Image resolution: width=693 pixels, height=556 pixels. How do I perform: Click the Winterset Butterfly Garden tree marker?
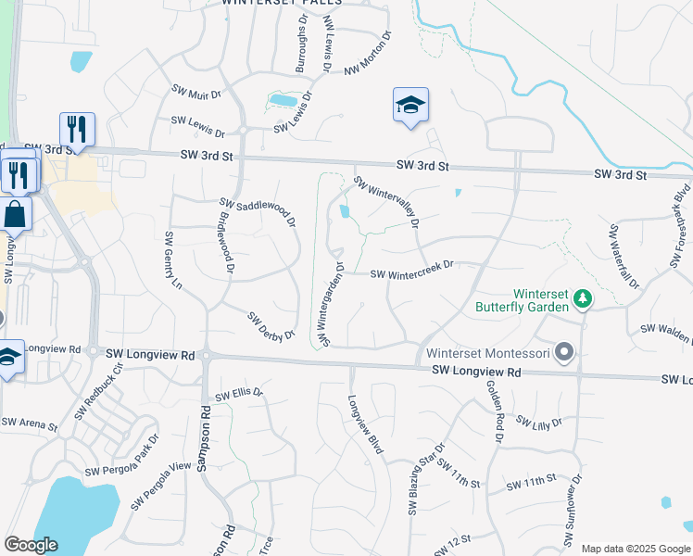coord(582,297)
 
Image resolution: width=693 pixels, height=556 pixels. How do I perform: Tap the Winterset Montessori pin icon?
coord(564,352)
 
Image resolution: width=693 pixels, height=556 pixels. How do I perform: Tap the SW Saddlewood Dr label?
coord(257,212)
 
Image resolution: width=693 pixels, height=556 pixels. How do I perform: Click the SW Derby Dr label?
coord(271,325)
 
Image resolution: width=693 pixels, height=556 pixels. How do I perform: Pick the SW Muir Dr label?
coord(196,92)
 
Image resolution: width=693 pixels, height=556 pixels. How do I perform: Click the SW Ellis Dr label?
coord(239,396)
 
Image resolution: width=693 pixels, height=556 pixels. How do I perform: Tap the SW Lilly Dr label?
coord(539,423)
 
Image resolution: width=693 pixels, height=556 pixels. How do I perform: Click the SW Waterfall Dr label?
coord(622,256)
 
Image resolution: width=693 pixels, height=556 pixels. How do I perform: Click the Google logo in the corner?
coord(31,545)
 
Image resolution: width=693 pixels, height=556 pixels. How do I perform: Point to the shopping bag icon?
coord(17,214)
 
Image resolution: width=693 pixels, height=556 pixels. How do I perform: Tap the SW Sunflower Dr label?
coord(573,513)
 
